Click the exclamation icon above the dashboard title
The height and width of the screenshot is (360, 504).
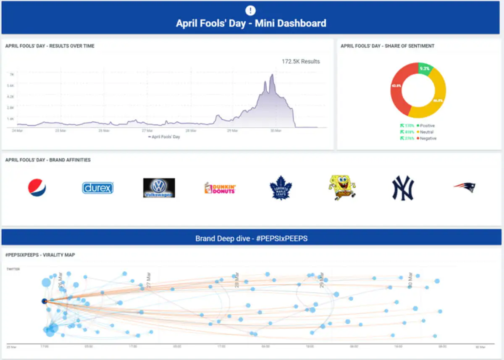(251, 11)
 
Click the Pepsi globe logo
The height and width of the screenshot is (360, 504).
(37, 188)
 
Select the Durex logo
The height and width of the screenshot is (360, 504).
(98, 188)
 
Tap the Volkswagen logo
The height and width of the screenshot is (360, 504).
(159, 188)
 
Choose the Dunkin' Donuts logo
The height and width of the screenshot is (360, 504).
(220, 188)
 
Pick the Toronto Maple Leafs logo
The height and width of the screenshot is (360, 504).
(281, 188)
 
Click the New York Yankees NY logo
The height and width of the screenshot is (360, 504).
(403, 188)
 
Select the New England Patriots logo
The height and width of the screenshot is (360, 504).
(464, 187)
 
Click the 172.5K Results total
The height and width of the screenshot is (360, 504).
(301, 61)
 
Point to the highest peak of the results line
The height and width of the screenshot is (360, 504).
(272, 75)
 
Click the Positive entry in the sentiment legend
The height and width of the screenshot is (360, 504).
(427, 126)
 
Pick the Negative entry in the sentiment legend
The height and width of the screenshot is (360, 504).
(428, 138)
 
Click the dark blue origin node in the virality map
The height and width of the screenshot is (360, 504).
(44, 301)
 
